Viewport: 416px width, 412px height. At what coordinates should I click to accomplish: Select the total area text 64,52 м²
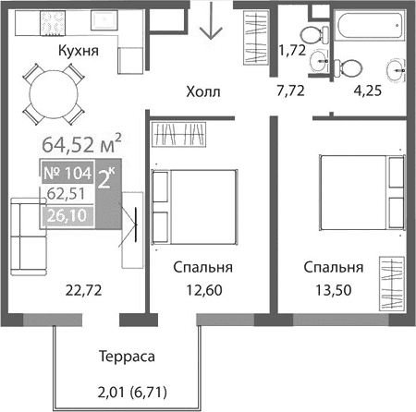tap(82, 144)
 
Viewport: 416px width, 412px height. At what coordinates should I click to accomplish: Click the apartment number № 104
tap(67, 173)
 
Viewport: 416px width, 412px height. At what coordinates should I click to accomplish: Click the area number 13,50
tap(335, 290)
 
